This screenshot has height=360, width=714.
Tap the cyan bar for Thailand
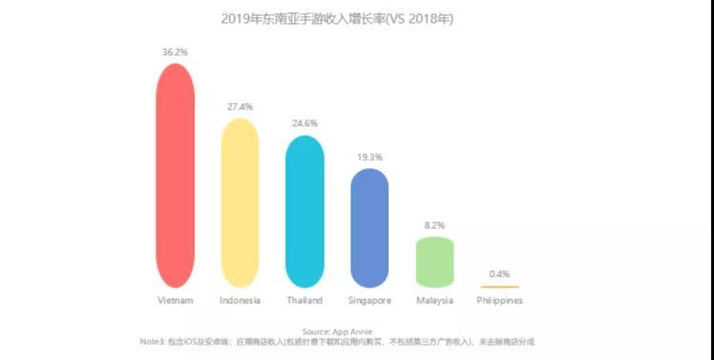pos(304,211)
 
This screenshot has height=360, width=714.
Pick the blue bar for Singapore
pos(369,228)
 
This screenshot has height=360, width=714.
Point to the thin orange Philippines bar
pos(499,286)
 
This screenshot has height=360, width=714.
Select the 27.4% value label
pos(240,107)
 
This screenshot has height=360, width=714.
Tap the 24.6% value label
pos(304,124)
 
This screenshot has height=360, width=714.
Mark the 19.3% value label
pos(369,157)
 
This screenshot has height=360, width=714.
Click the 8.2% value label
pos(434,225)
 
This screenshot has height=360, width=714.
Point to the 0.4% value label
pos(499,274)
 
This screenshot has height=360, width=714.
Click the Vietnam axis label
pos(175,301)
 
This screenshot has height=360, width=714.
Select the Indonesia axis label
pos(240,301)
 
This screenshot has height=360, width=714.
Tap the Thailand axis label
pos(304,301)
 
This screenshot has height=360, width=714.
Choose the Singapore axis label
pos(369,301)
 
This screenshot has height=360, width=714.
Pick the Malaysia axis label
pos(434,301)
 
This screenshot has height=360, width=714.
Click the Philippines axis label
pos(499,301)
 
